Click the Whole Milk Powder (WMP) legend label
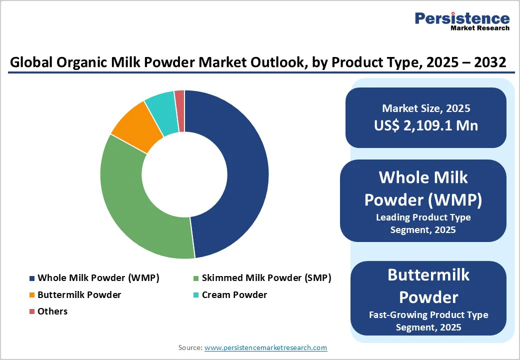(x=98, y=278)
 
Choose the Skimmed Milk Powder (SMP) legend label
(x=266, y=278)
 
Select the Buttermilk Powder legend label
(x=79, y=294)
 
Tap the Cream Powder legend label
(x=234, y=294)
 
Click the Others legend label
(x=52, y=311)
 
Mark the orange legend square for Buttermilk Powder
(x=32, y=295)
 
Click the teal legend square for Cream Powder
(x=196, y=295)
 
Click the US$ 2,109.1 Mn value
(x=426, y=125)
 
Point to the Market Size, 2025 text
(x=426, y=108)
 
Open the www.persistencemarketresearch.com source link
(x=265, y=347)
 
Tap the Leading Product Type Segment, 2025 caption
(x=423, y=223)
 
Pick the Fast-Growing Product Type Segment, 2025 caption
(x=428, y=321)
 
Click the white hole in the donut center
(x=184, y=174)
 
